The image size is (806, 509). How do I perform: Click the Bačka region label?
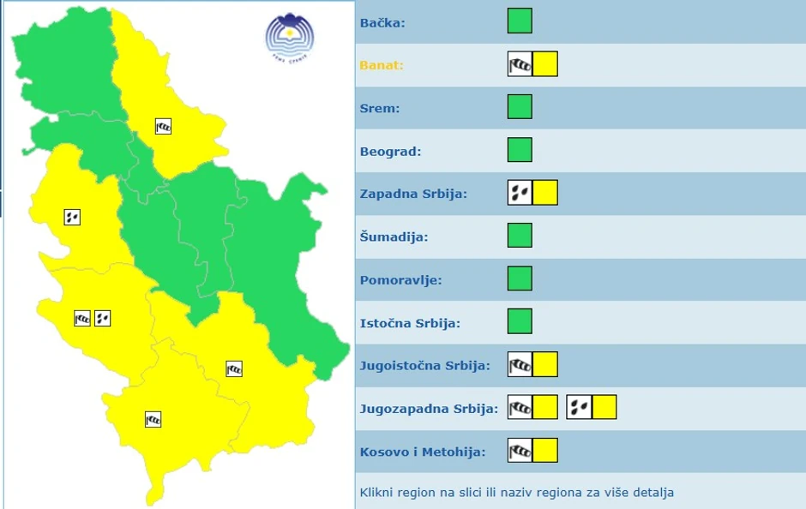pos(382,23)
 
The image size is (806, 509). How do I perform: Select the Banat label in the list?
pos(382,65)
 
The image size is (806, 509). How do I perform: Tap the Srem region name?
pos(380,109)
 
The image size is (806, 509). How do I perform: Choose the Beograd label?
pos(391,152)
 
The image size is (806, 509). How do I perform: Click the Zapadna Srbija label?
pos(413,194)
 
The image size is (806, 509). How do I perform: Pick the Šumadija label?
pos(394,237)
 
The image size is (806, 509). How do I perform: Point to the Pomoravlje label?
pos(401,280)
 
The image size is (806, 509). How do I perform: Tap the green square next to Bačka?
pos(520,21)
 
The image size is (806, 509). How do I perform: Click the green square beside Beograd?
pos(520,150)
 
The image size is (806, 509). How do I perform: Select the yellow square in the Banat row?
pos(545,64)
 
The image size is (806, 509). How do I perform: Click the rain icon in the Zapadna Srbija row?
pos(520,193)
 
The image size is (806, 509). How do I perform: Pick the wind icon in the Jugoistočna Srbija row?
pos(520,364)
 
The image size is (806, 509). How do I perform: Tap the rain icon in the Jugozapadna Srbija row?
pos(579,407)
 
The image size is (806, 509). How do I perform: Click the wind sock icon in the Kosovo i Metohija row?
pos(520,450)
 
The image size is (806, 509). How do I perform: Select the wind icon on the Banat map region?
pos(163,127)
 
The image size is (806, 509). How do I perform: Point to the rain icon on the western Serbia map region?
pos(72,217)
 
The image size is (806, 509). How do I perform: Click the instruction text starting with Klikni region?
pos(517,493)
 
